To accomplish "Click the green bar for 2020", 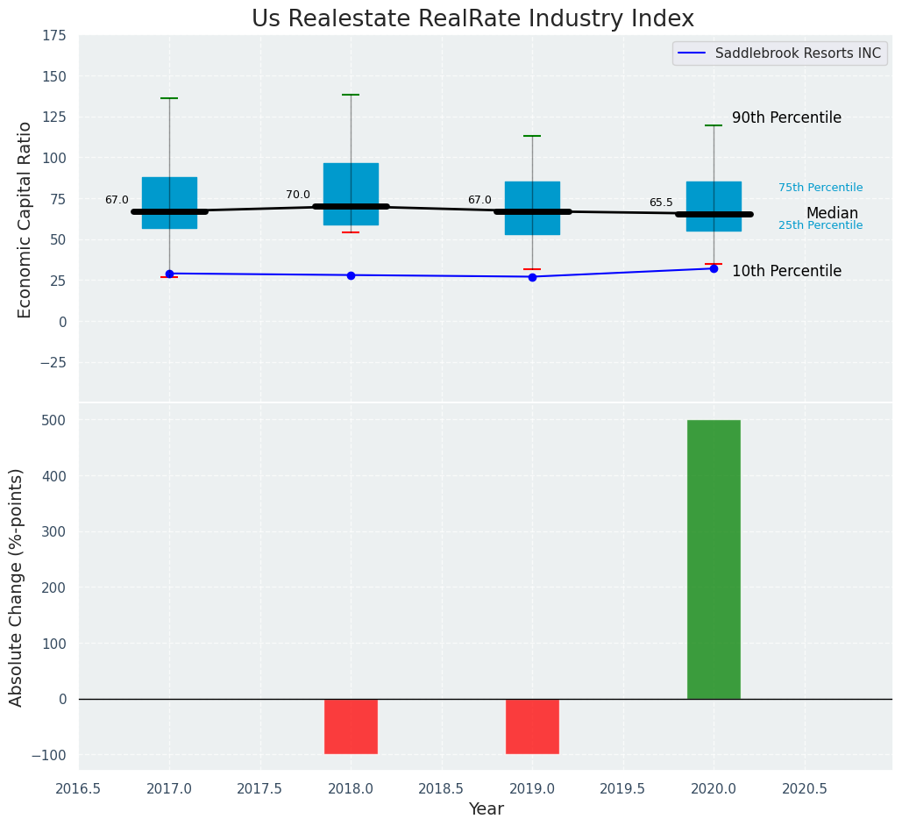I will [714, 559].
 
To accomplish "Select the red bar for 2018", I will [351, 726].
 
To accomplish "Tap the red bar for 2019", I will [532, 726].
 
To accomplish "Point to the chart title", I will [472, 19].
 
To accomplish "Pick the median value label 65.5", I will [661, 203].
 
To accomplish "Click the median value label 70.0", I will [298, 195].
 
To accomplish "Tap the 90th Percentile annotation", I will [786, 117].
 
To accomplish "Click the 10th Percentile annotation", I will [786, 271].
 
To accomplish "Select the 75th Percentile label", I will [820, 188].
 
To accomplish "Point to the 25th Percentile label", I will [820, 225].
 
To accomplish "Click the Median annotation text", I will [832, 213].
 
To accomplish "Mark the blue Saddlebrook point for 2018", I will [351, 275].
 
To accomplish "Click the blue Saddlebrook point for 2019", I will [532, 277].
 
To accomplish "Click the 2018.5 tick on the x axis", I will [442, 788].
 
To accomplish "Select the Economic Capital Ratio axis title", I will [25, 219].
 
